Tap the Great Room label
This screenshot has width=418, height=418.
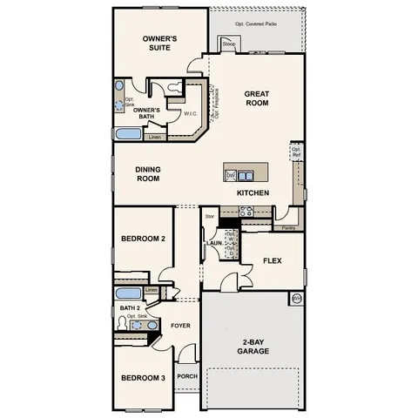(256, 98)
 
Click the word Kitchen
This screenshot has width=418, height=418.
(253, 192)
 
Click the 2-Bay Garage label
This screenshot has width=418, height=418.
(253, 346)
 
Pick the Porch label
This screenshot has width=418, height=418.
(187, 376)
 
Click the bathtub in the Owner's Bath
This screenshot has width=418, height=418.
(129, 135)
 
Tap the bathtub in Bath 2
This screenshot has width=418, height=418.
(129, 292)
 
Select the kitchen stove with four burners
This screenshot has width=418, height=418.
(246, 210)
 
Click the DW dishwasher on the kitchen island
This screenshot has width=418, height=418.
(231, 175)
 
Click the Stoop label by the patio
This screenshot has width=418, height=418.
(229, 43)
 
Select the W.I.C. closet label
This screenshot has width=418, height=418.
(190, 112)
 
